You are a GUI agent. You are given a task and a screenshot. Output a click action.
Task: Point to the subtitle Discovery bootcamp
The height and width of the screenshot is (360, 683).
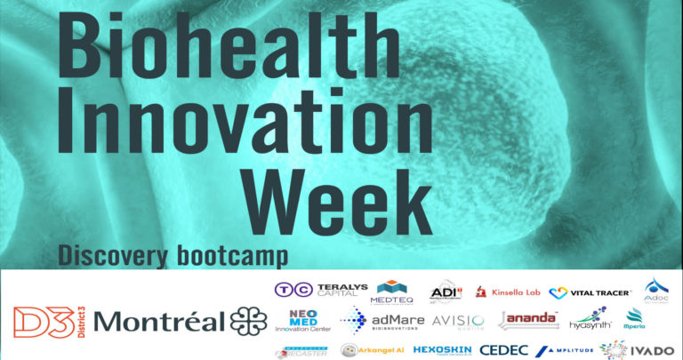click(x=173, y=255)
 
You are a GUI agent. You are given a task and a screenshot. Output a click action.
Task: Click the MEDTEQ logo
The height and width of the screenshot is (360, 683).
click(x=392, y=291)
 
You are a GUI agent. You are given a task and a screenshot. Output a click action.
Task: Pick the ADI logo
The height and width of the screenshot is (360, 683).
click(x=445, y=292)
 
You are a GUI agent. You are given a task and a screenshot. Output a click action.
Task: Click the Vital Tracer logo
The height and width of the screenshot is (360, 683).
click(x=590, y=292)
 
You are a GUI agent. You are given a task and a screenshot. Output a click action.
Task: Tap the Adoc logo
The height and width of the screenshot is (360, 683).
click(x=657, y=289)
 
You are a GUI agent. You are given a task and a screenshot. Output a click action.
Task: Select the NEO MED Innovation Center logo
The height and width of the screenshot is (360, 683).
click(x=307, y=319)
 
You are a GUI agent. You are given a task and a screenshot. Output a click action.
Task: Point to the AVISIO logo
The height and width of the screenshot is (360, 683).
click(x=458, y=320)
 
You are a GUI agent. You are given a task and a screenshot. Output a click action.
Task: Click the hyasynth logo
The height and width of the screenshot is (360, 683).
click(x=590, y=319)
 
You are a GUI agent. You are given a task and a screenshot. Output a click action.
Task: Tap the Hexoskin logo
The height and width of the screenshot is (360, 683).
click(x=442, y=349)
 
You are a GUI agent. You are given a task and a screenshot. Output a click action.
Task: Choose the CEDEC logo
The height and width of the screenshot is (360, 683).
click(x=504, y=349)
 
